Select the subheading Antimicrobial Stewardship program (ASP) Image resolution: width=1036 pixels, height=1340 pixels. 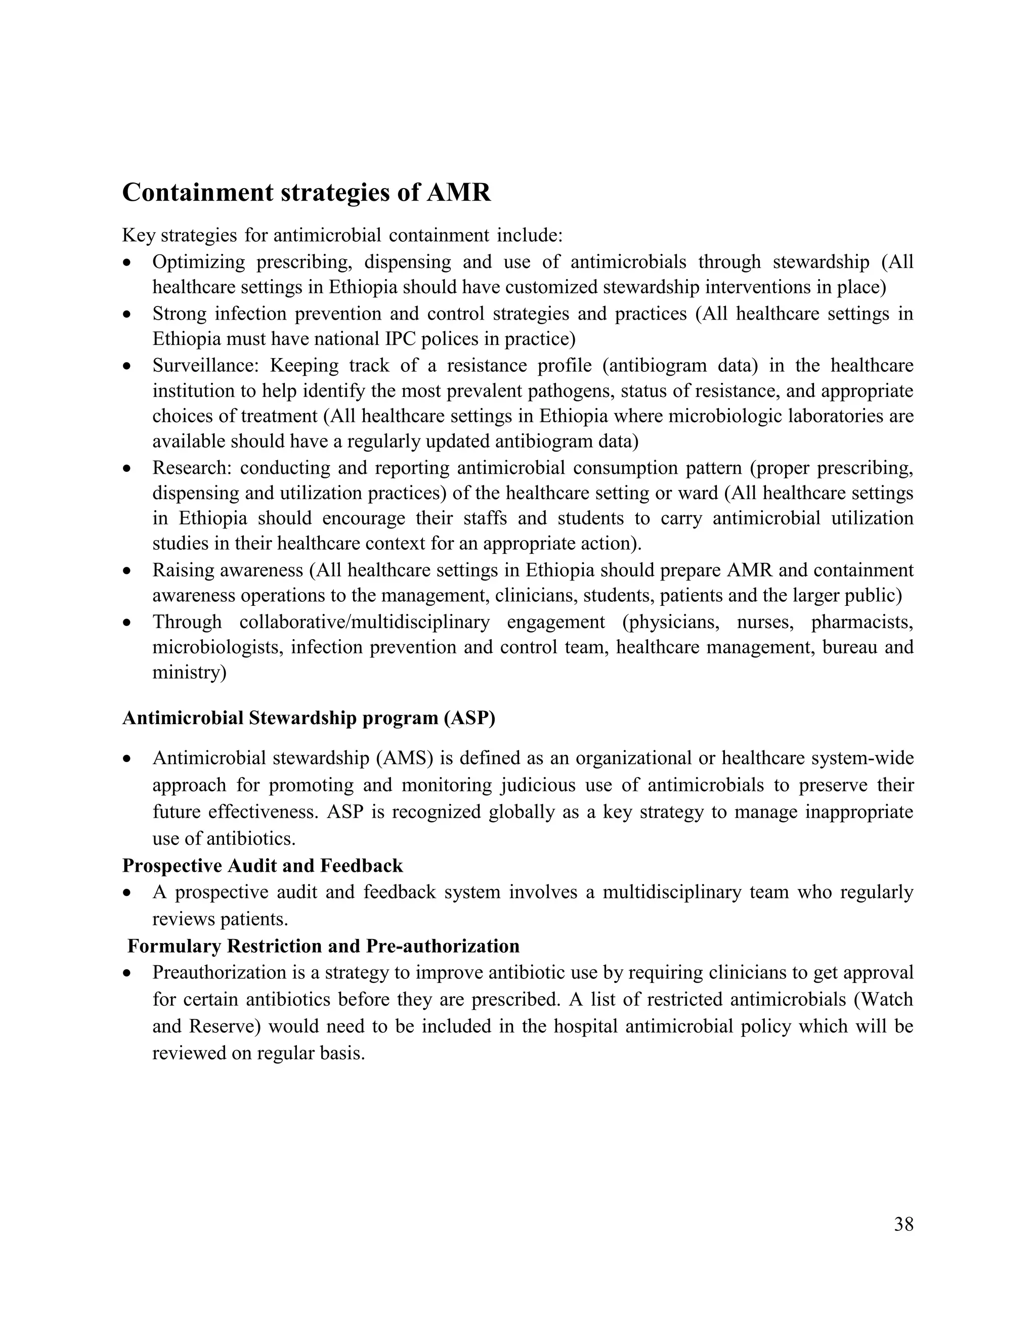(x=308, y=718)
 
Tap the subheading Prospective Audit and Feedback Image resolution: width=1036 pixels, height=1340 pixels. (x=262, y=866)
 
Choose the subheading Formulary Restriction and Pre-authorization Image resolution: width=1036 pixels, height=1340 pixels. (x=323, y=946)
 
